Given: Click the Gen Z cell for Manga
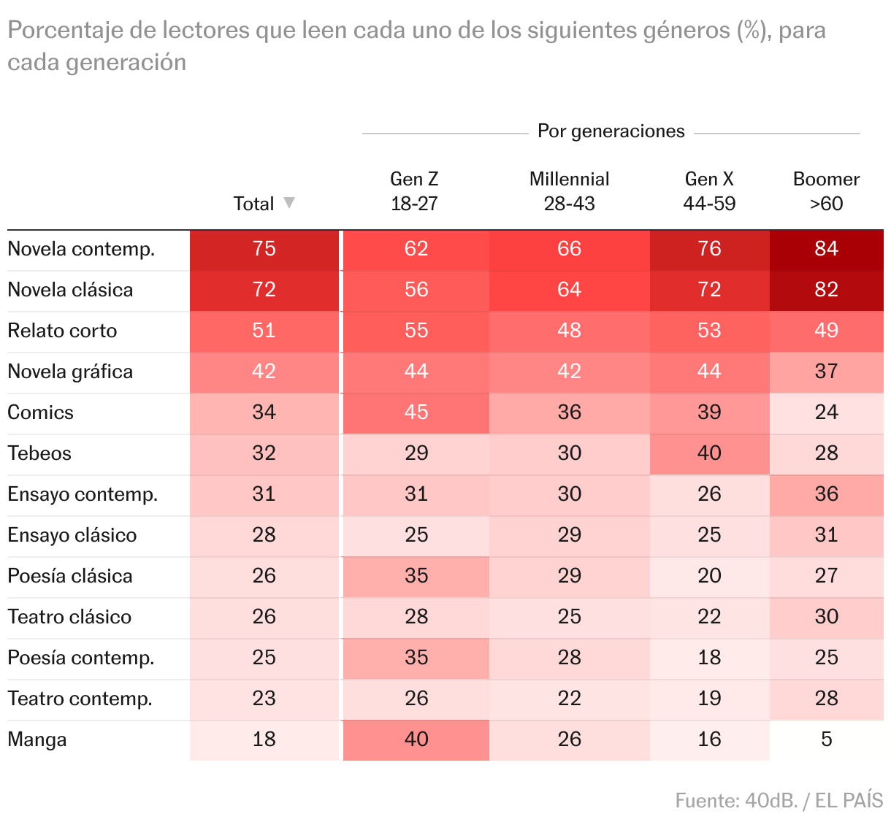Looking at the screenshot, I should (416, 740).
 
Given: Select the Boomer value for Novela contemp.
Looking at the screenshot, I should (826, 249).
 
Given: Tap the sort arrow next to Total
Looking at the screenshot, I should (289, 202).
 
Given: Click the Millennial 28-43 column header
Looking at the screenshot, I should (569, 191).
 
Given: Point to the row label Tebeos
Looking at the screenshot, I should (39, 453).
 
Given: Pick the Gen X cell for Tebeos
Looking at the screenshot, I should (709, 453).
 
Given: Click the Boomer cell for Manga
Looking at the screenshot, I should (826, 740).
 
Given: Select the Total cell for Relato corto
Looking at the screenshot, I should (264, 331).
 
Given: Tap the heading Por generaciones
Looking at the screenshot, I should (611, 131).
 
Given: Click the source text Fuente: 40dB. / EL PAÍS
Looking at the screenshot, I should (779, 801).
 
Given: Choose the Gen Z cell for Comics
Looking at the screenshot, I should (416, 412).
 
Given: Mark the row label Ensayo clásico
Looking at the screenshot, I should (72, 535).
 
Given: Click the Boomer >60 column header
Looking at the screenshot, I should (826, 191).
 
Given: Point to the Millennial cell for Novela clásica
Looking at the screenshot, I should (569, 290).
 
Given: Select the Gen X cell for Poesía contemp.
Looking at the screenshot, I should (709, 658).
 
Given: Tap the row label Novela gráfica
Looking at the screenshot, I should (70, 372).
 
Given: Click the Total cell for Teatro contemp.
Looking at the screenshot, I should (264, 699).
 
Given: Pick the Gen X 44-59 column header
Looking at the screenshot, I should (709, 191).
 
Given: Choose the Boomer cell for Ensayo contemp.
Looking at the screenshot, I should (826, 494).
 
